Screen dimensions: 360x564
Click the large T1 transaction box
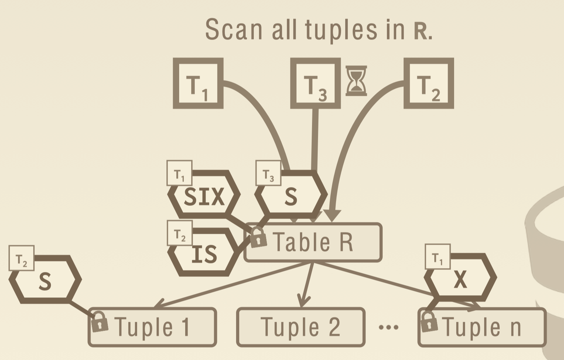pos(198,83)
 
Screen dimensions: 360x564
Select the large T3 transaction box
pos(315,83)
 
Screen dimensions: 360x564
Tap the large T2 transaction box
pos(429,83)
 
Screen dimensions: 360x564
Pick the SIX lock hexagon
pos(204,196)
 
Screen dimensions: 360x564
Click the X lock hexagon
pos(460,279)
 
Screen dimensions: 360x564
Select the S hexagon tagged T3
pos(291,196)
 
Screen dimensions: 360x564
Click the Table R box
pos(313,243)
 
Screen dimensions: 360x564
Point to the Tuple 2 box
pos(301,327)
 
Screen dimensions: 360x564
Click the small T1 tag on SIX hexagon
pos(180,173)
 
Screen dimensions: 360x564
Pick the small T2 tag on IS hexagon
pos(180,233)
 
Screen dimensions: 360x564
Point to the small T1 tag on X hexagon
pos(437,256)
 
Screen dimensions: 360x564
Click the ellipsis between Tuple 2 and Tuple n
pos(388,327)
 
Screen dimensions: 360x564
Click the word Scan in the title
pos(234,30)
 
